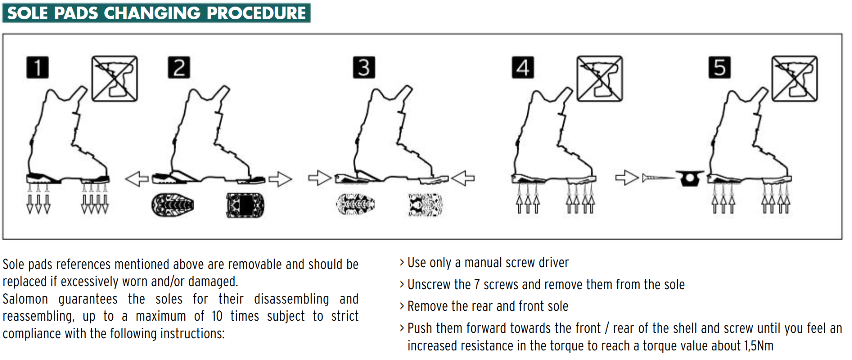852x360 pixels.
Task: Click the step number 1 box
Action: pos(37,67)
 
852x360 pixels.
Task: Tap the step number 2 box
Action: pos(179,67)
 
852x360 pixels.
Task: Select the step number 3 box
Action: pos(364,67)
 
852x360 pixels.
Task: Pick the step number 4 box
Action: pos(523,67)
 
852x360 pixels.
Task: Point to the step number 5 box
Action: pos(719,67)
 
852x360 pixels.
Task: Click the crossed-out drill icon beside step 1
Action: pos(114,78)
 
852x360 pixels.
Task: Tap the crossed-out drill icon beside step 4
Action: pos(599,78)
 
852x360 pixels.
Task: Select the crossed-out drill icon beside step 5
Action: pos(794,78)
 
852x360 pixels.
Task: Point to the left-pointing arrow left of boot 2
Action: pos(137,178)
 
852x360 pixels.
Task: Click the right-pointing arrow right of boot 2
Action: pos(280,179)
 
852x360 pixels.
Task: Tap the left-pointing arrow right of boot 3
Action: pos(463,177)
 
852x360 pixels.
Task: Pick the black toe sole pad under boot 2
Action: pos(174,205)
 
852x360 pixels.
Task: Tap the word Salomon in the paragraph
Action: pos(24,299)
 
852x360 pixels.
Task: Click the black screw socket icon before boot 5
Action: pos(690,178)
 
